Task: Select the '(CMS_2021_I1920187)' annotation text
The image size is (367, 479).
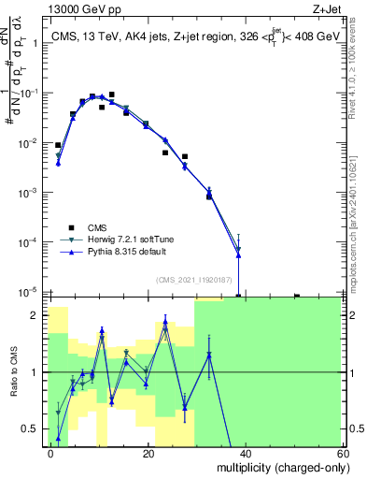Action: (193, 279)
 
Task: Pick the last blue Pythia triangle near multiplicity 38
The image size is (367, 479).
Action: (239, 255)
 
